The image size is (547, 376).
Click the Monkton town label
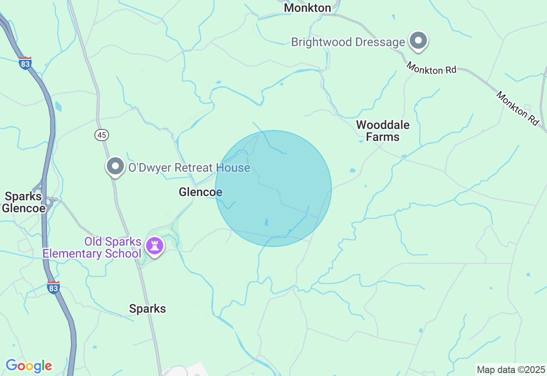(307, 8)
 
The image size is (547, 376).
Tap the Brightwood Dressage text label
(348, 42)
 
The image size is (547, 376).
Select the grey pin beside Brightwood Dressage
(418, 41)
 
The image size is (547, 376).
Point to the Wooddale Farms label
(383, 131)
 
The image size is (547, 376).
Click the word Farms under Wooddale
(383, 137)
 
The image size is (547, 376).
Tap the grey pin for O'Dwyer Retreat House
(115, 167)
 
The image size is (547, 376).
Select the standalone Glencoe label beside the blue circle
(200, 192)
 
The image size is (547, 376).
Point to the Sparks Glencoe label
(24, 202)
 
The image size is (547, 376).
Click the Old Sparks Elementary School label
(92, 248)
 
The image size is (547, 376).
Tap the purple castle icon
(155, 246)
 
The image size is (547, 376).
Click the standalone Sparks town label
(147, 308)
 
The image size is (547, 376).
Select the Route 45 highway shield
(102, 135)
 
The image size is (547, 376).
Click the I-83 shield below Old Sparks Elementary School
(53, 288)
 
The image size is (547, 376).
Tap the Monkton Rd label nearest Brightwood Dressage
(431, 68)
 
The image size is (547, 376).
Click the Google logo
(29, 366)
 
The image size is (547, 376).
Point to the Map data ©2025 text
(511, 370)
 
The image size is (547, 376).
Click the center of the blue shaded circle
(273, 188)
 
